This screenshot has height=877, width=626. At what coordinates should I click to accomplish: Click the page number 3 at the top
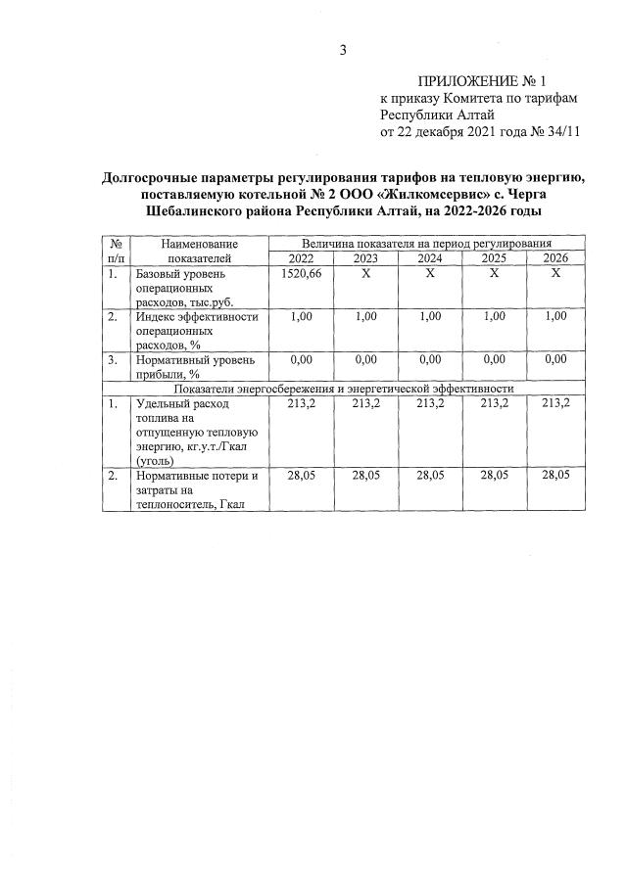click(343, 50)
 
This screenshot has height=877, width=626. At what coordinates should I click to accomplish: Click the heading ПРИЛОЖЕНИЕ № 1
click(480, 82)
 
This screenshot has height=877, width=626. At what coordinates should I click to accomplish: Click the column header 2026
click(555, 257)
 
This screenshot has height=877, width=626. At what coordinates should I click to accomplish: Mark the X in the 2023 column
click(365, 273)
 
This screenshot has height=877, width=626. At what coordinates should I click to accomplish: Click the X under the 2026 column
click(555, 273)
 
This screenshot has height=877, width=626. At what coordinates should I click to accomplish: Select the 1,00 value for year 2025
click(494, 316)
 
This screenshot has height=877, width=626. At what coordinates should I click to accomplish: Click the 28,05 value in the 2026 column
click(555, 475)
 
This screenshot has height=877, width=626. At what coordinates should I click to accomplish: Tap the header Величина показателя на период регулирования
click(427, 242)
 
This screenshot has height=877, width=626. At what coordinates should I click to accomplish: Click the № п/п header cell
click(116, 250)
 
